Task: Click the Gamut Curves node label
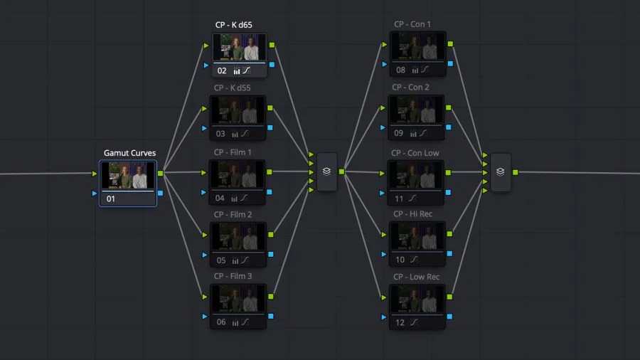(x=129, y=153)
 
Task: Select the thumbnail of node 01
(x=128, y=176)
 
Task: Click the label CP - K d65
(x=234, y=25)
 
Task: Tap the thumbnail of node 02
(x=238, y=48)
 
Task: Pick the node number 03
(x=220, y=134)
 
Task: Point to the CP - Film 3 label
(x=233, y=276)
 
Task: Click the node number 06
(x=220, y=322)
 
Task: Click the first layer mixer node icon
(x=326, y=171)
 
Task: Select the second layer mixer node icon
(x=501, y=172)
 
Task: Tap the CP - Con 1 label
(x=412, y=25)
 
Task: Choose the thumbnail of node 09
(x=417, y=110)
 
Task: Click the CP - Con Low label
(x=415, y=153)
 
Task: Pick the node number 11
(x=400, y=199)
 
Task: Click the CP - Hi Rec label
(x=413, y=214)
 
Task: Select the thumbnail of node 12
(x=417, y=300)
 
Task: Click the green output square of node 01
(x=160, y=173)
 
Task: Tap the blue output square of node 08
(x=451, y=64)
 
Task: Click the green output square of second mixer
(x=515, y=172)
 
